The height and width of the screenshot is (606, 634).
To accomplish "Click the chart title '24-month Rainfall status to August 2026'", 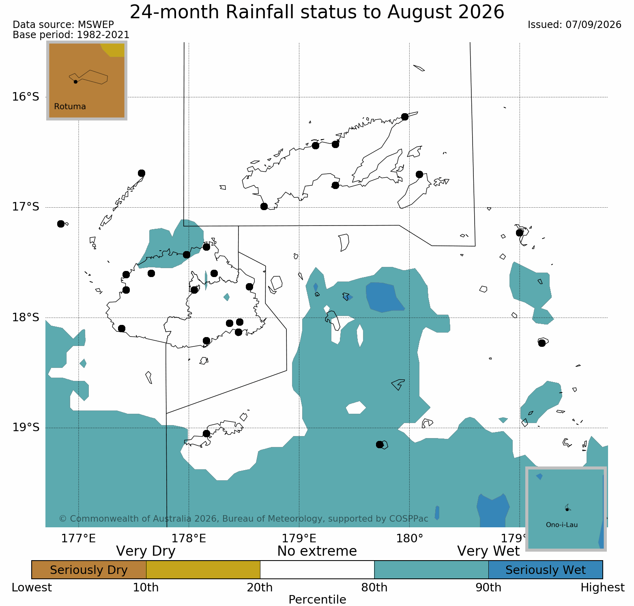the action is point(317,12).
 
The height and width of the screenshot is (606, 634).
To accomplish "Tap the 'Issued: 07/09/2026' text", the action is point(574,25).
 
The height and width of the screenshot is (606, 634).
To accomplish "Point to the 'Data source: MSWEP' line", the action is point(63,25).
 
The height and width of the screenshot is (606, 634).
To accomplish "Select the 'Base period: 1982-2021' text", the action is point(71,35).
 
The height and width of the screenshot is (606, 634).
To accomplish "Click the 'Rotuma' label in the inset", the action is point(70,107).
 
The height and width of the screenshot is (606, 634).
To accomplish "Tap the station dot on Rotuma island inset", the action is point(75,82).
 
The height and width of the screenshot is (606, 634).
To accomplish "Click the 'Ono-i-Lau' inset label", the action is point(562,525).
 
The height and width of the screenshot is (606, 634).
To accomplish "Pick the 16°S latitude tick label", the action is point(25,97).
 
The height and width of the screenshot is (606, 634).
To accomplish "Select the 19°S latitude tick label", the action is point(25,428).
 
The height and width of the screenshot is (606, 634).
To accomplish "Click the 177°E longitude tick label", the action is point(79,539).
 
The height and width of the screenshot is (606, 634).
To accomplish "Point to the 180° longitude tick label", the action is point(410,539).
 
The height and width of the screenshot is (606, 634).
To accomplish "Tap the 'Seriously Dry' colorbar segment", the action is point(89,570).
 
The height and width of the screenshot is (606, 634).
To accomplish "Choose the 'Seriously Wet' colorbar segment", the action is point(546,570).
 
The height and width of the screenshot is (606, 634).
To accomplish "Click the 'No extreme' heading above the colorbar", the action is point(317,551).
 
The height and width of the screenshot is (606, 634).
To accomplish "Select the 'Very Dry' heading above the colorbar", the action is point(146,551).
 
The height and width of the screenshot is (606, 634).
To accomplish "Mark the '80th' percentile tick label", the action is point(374,588).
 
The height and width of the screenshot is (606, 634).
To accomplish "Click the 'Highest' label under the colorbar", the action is point(603,588).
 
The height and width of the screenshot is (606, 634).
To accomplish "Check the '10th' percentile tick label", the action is point(146,588).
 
